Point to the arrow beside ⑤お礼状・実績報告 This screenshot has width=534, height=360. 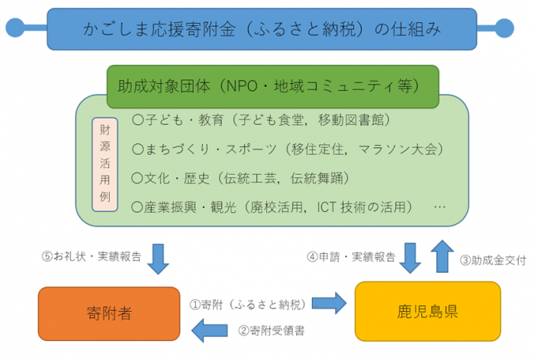click(x=157, y=257)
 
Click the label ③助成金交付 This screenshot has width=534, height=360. click(x=491, y=260)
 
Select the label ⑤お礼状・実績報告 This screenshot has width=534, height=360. click(x=92, y=257)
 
